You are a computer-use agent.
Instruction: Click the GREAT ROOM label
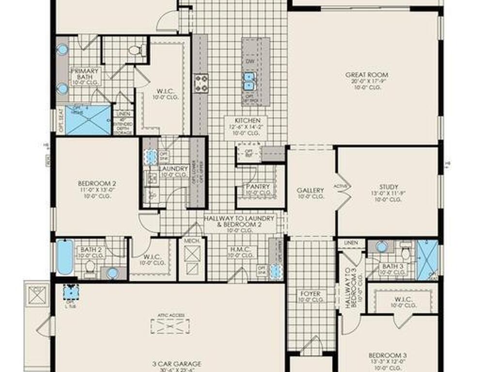[367, 75]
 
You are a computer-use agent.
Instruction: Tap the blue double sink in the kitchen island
[249, 81]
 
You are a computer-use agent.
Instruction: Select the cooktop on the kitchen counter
[201, 83]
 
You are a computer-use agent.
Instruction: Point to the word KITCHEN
[248, 120]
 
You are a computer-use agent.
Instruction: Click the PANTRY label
[258, 186]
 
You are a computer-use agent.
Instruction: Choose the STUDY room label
[389, 187]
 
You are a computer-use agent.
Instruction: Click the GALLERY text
[310, 190]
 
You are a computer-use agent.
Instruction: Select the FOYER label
[310, 294]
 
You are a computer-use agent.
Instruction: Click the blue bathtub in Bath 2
[64, 257]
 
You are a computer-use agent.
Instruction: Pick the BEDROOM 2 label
[97, 184]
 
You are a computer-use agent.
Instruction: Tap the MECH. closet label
[189, 240]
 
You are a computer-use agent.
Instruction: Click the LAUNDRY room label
[173, 169]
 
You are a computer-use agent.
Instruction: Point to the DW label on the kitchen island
[250, 62]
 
